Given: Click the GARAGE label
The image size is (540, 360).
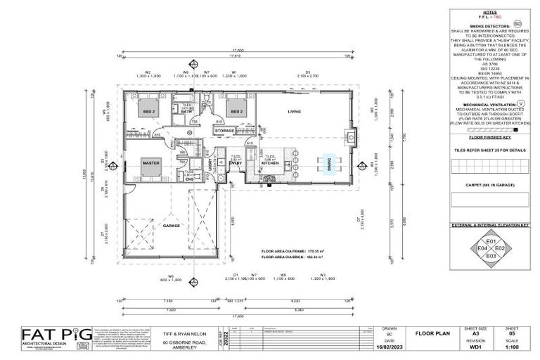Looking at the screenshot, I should [x=172, y=226].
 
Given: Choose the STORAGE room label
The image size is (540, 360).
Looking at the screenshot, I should [x=224, y=131].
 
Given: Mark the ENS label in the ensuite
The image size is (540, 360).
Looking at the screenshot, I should [x=189, y=179].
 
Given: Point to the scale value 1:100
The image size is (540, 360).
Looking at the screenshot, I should [x=512, y=347].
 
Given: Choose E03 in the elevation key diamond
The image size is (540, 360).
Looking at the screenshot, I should [x=491, y=257].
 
